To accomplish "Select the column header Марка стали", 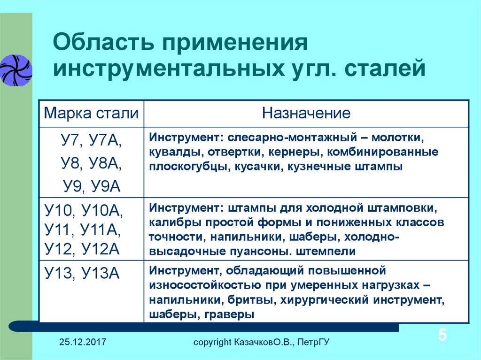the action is [91, 113].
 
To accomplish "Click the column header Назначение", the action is [306, 113].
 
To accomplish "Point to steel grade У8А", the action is [105, 163].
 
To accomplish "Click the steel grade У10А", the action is [102, 211].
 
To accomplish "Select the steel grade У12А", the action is [101, 249].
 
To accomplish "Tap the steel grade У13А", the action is [101, 273].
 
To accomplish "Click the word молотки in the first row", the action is [397, 138].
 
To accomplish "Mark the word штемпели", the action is [326, 252].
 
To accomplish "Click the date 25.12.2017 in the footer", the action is [83, 342].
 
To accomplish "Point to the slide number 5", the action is [442, 335].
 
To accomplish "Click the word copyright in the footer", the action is [212, 342].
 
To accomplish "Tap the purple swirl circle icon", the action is [16, 70].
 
